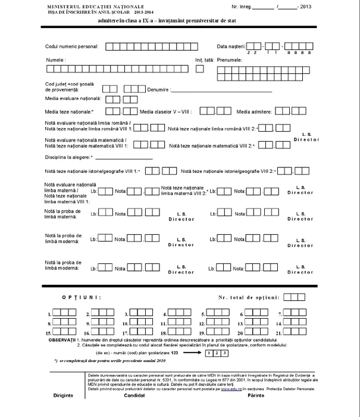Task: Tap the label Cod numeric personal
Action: pyautogui.click(x=72, y=46)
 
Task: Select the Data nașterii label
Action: pyautogui.click(x=231, y=46)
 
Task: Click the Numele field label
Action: pyautogui.click(x=56, y=60)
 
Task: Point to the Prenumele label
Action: pyautogui.click(x=230, y=60)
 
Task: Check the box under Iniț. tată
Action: pyautogui.click(x=200, y=69)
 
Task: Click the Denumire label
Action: pyautogui.click(x=158, y=90)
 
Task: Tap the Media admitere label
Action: pyautogui.click(x=253, y=111)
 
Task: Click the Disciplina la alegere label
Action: pyautogui.click(x=68, y=157)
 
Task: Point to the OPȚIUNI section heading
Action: pyautogui.click(x=82, y=296)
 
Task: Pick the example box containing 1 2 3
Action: pyautogui.click(x=216, y=353)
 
